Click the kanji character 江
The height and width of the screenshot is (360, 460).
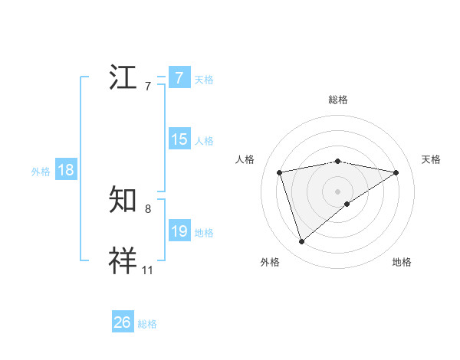coord(124,78)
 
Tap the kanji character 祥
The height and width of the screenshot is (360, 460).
coord(124,260)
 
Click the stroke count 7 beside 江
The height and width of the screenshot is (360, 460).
coord(148,87)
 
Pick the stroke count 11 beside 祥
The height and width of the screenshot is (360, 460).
coord(148,270)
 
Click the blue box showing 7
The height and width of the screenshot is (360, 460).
coord(179,78)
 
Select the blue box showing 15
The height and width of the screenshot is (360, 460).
coord(179,139)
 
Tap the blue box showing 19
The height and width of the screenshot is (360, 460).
coord(179,231)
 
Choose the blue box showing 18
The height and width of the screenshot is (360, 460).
coord(66,170)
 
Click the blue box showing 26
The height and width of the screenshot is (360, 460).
coord(123,322)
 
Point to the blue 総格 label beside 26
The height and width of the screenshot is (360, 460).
coord(147,324)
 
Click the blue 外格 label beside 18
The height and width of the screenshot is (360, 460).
coord(41,172)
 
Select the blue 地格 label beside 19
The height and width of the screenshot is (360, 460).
coord(204,233)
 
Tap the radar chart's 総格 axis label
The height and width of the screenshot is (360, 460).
coord(337,100)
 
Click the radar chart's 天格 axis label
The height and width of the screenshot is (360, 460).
coord(432,159)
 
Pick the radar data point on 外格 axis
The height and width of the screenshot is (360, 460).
coord(301,242)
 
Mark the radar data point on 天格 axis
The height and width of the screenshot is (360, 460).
coord(396,172)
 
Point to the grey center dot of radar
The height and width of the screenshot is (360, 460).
coord(337,191)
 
